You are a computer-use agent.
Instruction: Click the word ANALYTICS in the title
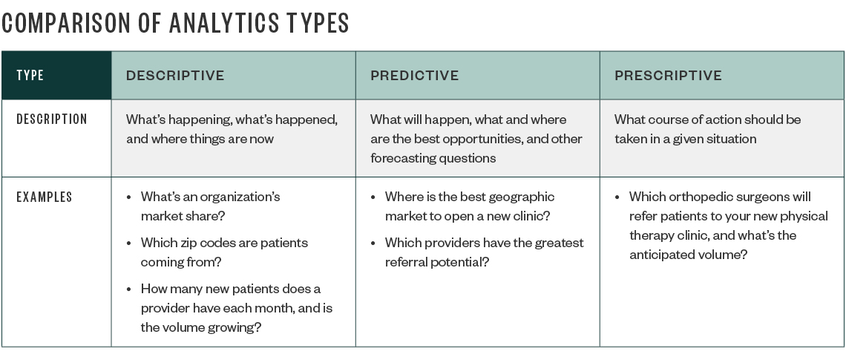224,23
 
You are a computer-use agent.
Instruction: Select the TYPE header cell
56,75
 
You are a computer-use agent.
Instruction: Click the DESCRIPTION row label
52,120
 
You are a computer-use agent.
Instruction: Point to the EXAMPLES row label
45,197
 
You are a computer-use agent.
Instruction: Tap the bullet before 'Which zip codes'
129,243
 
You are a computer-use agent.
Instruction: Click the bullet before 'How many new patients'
129,289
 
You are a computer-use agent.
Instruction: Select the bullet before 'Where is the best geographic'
373,197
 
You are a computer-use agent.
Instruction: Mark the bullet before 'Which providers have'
373,243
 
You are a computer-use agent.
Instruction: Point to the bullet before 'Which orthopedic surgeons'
617,197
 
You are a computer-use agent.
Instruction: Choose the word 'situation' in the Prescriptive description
731,139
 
